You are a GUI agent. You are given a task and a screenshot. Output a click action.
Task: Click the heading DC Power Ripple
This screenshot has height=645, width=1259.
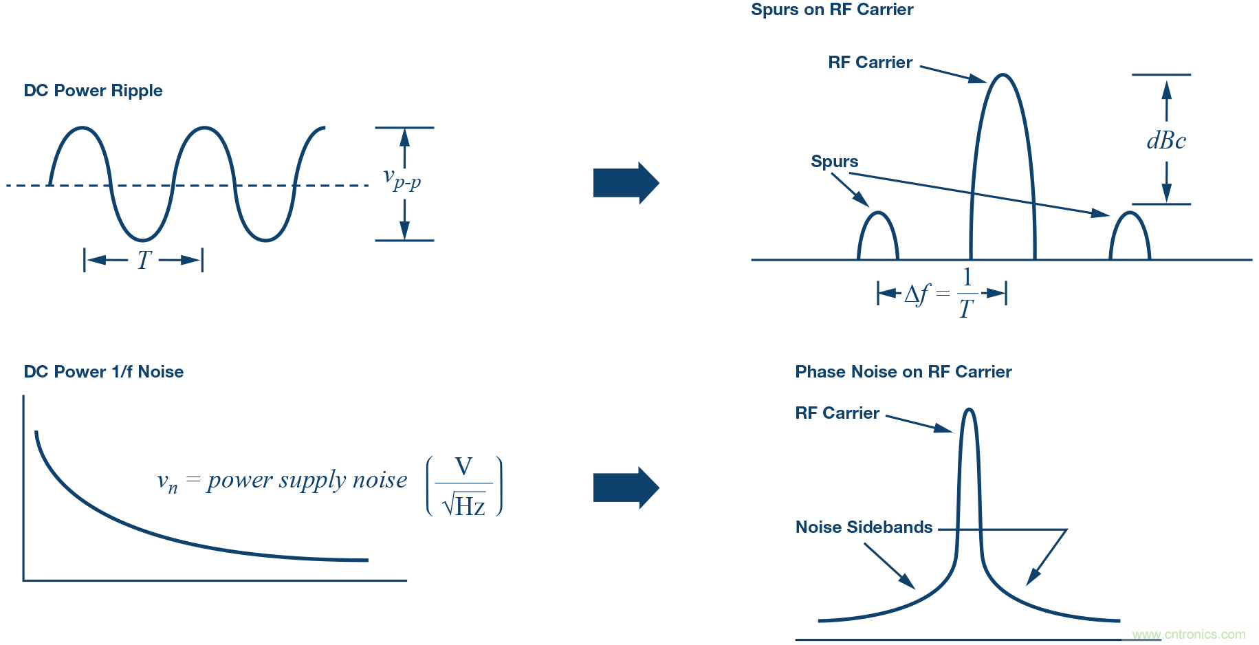click(93, 91)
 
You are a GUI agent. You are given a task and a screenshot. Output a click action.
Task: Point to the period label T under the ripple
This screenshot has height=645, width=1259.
click(144, 260)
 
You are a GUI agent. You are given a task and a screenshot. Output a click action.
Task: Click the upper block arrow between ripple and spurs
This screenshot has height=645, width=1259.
click(625, 183)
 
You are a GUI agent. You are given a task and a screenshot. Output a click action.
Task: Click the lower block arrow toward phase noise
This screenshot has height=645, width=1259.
click(625, 488)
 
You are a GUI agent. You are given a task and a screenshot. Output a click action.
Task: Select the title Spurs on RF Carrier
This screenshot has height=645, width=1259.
click(832, 10)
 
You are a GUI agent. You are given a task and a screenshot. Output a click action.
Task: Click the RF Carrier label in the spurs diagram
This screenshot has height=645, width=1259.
click(870, 63)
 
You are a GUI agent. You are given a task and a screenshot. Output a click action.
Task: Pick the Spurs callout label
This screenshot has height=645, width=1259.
click(834, 162)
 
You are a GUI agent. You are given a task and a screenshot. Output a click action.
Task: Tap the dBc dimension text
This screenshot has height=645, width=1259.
click(1166, 141)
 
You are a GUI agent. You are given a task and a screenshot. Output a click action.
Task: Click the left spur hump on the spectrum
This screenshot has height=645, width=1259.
click(878, 237)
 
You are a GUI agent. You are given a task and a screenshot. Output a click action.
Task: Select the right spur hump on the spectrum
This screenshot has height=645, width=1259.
click(1130, 237)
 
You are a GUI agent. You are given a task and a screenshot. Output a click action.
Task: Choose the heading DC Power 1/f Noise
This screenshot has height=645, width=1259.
click(104, 372)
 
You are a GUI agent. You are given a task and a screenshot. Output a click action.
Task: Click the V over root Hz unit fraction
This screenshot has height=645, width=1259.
click(464, 486)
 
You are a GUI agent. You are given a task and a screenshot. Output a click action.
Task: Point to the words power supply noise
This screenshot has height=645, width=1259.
click(307, 480)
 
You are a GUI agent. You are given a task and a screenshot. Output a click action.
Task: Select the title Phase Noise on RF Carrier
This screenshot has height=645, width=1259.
click(903, 372)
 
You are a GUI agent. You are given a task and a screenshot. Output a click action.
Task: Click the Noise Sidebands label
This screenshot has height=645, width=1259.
click(864, 527)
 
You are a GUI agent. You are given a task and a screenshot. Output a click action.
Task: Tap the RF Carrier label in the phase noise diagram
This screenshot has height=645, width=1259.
click(837, 413)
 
